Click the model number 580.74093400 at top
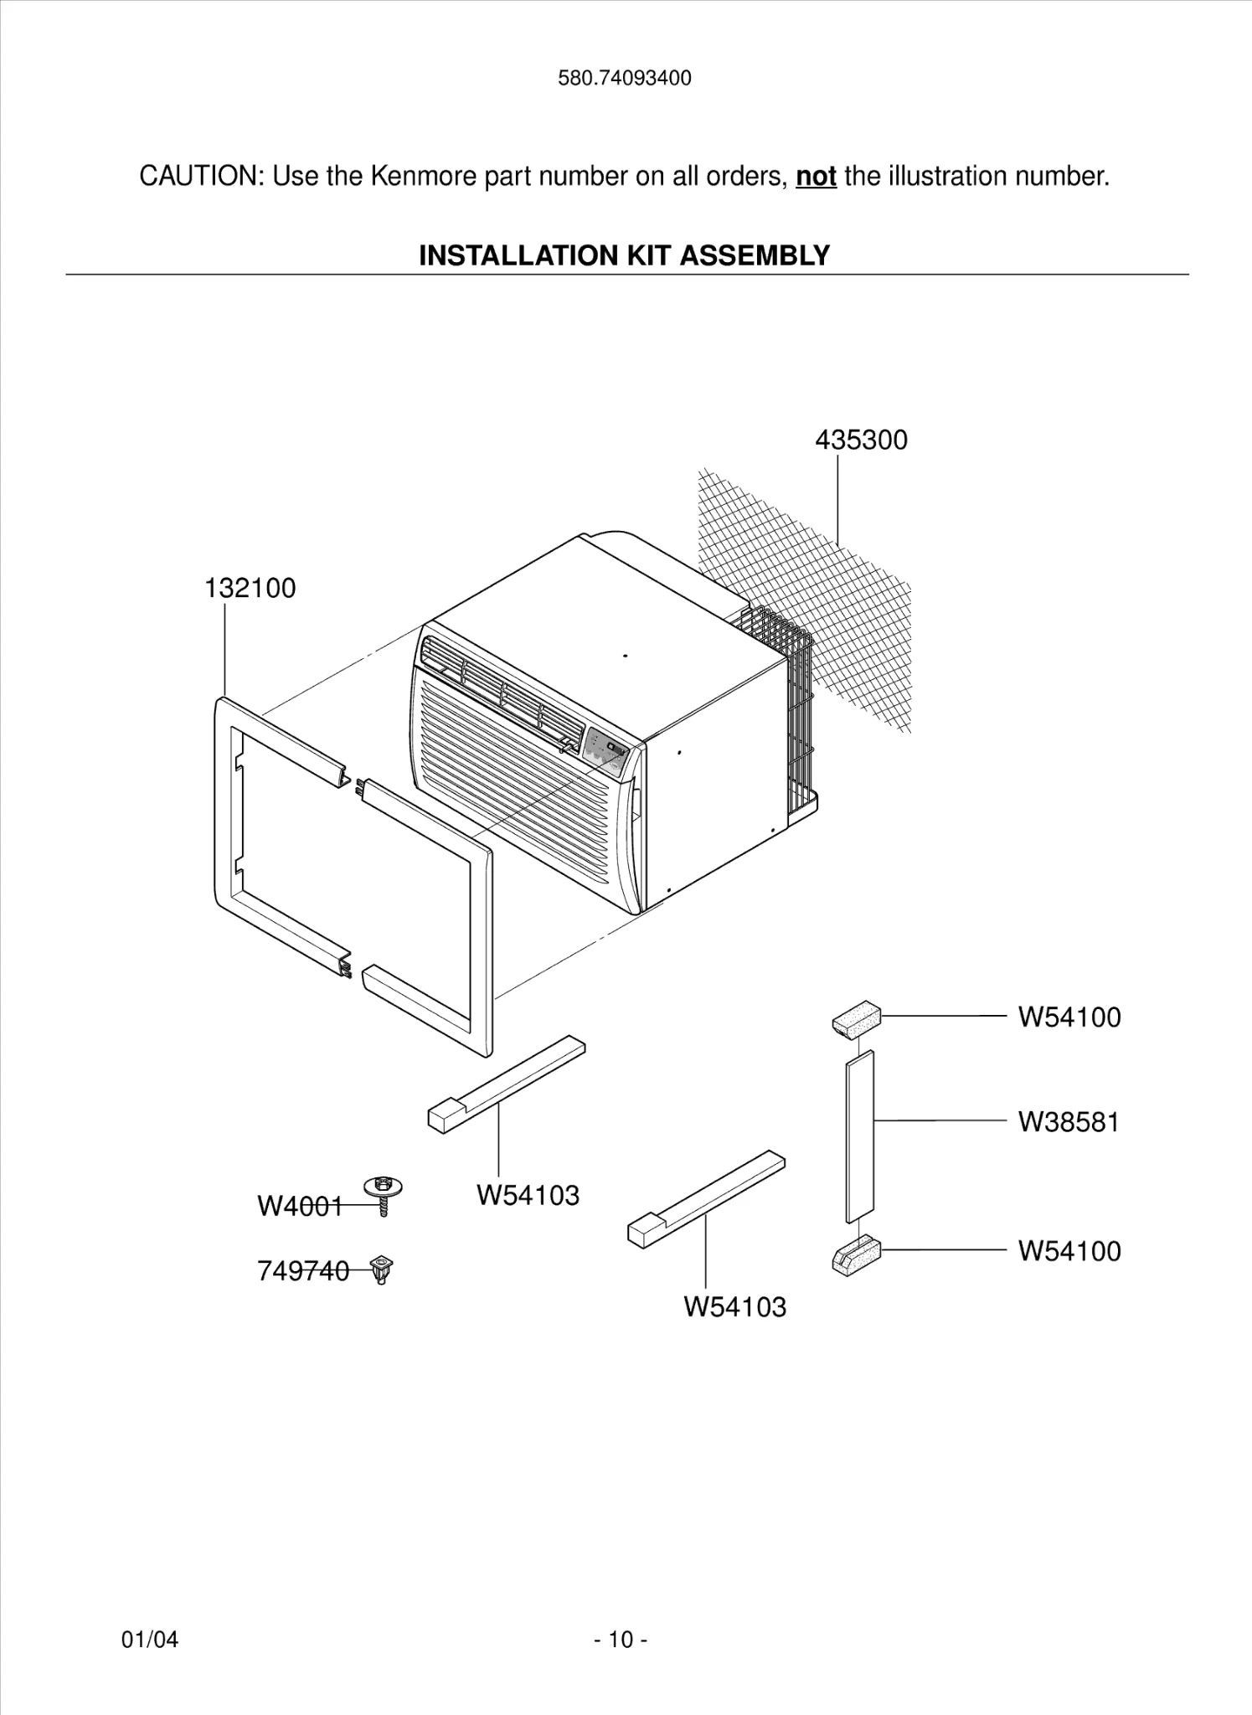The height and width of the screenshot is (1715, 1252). tap(625, 79)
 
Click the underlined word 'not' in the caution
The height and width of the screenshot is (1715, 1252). tap(816, 177)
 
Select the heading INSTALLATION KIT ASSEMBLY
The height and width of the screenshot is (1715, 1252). tap(624, 255)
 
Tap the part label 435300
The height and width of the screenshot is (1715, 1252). tap(861, 440)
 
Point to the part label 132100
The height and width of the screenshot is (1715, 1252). tap(250, 589)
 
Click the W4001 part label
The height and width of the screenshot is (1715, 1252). tap(299, 1207)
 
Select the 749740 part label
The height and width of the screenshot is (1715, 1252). tap(302, 1271)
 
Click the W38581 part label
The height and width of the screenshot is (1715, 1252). tap(1068, 1122)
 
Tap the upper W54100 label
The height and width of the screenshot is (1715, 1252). tap(1069, 1017)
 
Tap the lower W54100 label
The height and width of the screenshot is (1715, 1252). tap(1069, 1251)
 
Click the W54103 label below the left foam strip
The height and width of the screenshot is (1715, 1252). tap(528, 1195)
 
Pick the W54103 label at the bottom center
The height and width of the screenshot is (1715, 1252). tap(734, 1307)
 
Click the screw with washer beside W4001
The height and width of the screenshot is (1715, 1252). tap(384, 1192)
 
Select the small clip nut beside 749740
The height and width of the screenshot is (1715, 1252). tap(382, 1270)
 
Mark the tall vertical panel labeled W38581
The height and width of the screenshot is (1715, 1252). tap(860, 1136)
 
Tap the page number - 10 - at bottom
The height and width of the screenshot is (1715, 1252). tap(621, 1640)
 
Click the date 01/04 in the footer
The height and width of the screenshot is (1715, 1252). tap(150, 1640)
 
